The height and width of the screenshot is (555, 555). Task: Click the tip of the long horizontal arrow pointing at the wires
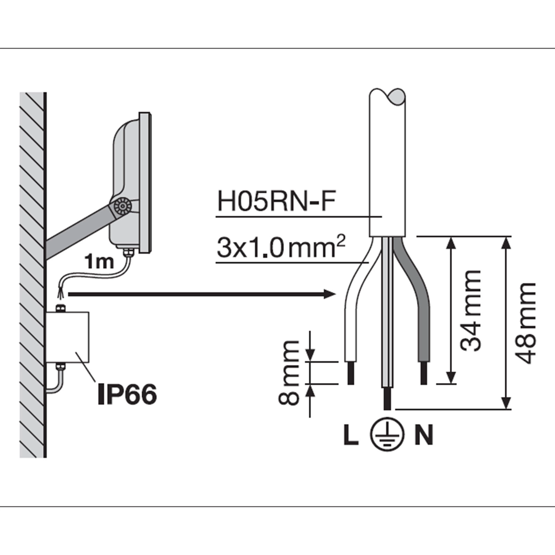pyautogui.click(x=337, y=294)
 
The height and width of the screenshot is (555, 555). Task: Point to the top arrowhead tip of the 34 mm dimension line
pyautogui.click(x=451, y=238)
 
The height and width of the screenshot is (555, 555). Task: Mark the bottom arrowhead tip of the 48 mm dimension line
pyautogui.click(x=507, y=409)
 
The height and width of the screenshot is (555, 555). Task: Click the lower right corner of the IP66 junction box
pyautogui.click(x=89, y=363)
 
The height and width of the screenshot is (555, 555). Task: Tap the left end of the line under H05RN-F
pyautogui.click(x=216, y=217)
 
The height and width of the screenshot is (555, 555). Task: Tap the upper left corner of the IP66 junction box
pyautogui.click(x=46, y=312)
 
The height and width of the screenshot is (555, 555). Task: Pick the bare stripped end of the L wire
pyautogui.click(x=351, y=373)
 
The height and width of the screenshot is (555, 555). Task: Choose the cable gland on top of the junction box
pyautogui.click(x=61, y=307)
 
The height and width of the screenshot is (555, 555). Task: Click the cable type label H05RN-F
pyautogui.click(x=276, y=202)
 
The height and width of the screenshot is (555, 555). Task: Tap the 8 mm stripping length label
pyautogui.click(x=289, y=373)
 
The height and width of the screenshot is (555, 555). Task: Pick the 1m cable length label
pyautogui.click(x=100, y=262)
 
